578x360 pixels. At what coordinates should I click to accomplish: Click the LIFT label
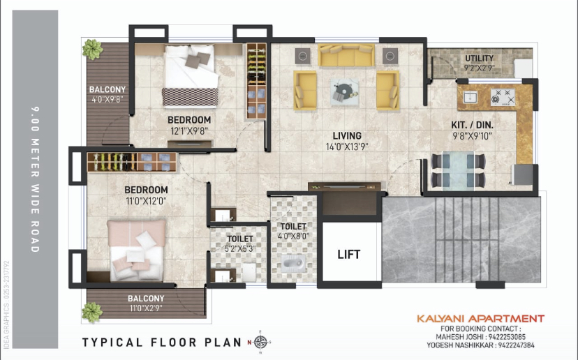pyautogui.click(x=349, y=254)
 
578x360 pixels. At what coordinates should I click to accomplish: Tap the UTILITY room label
pyautogui.click(x=479, y=58)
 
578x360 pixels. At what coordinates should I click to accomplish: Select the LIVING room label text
pyautogui.click(x=347, y=135)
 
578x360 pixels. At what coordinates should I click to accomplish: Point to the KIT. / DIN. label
pyautogui.click(x=472, y=125)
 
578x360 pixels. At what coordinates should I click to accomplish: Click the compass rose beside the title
pyautogui.click(x=260, y=342)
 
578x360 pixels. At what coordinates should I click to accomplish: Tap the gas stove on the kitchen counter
pyautogui.click(x=503, y=97)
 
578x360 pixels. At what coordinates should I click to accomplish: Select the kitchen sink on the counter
pyautogui.click(x=470, y=98)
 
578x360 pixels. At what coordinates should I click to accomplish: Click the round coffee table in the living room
pyautogui.click(x=344, y=90)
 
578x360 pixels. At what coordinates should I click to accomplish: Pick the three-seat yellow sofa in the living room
pyautogui.click(x=346, y=55)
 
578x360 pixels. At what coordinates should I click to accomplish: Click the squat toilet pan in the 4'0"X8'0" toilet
pyautogui.click(x=294, y=263)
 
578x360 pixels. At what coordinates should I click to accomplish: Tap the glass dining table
pyautogui.click(x=458, y=170)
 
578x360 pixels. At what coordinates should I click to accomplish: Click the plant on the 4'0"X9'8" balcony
pyautogui.click(x=93, y=50)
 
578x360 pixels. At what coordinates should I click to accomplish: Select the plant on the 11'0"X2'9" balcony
pyautogui.click(x=91, y=313)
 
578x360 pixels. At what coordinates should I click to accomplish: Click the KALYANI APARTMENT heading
pyautogui.click(x=481, y=319)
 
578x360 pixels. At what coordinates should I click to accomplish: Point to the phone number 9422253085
pyautogui.click(x=507, y=337)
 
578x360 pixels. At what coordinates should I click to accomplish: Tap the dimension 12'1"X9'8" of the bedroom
pyautogui.click(x=189, y=130)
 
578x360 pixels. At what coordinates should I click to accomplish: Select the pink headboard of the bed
pyautogui.click(x=137, y=234)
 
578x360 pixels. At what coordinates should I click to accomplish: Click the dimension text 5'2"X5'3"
pyautogui.click(x=240, y=249)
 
